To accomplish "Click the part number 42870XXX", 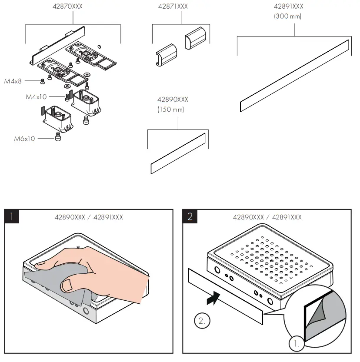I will coord(73,7).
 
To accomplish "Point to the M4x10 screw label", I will coord(36,96).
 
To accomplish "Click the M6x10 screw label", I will coord(25,139).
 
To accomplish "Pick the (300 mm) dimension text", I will coord(288,17).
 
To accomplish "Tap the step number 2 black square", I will coord(190,216).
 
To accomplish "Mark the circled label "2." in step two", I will coord(202,322).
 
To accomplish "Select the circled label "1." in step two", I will coord(297,345).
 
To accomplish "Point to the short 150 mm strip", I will coord(177,154).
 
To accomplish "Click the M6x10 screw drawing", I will coord(57,138).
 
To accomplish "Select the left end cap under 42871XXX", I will coord(166,55).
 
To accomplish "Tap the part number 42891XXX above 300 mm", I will coord(288,7).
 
